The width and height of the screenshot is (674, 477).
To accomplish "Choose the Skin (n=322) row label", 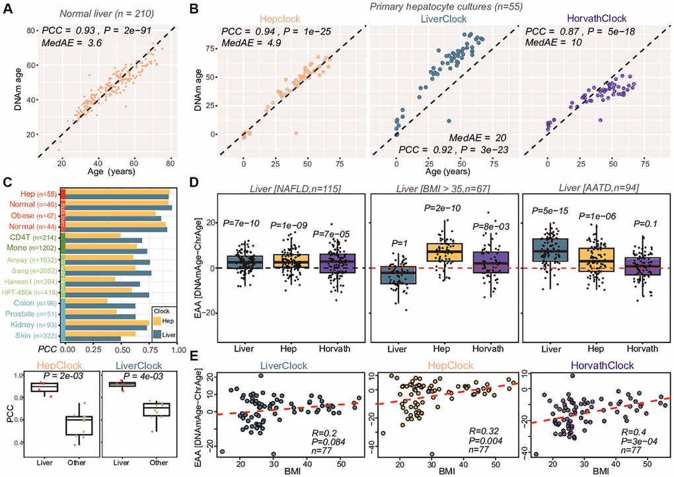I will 36,336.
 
